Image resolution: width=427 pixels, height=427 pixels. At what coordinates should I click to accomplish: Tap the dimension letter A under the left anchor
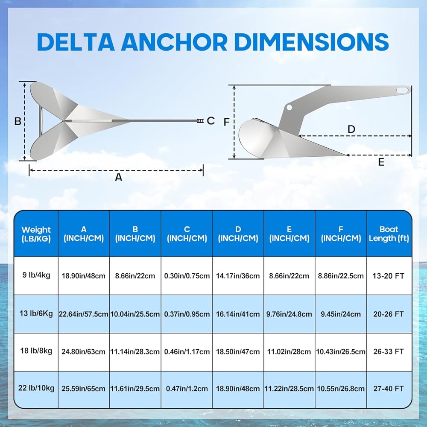[x=119, y=177]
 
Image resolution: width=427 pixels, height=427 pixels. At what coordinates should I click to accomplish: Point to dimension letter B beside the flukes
[x=18, y=121]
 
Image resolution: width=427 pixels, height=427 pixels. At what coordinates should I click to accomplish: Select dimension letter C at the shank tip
[x=211, y=121]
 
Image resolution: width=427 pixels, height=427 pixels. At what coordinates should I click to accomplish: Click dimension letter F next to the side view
[x=226, y=122]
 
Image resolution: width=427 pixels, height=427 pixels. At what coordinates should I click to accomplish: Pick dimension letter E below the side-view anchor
[x=381, y=162]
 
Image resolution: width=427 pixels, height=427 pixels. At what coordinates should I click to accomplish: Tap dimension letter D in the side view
[x=351, y=129]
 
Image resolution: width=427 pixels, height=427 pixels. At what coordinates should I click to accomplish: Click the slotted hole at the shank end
[x=401, y=90]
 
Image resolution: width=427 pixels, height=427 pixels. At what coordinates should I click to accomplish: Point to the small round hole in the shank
[x=290, y=107]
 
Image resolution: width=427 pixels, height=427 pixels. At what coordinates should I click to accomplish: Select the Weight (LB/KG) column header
[x=36, y=234]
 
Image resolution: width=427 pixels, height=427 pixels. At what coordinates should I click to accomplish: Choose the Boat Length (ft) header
[x=389, y=234]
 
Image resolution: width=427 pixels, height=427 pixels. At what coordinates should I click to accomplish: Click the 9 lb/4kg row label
[x=36, y=275]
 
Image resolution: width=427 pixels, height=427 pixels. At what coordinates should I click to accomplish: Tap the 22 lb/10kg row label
[x=36, y=388]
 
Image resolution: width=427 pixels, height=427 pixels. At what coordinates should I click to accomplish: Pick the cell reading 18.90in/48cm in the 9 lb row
[x=84, y=276]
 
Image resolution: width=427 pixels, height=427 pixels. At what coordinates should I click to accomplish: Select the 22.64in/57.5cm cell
[x=84, y=314]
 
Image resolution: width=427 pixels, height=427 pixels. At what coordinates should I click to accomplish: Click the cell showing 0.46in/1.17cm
[x=187, y=352]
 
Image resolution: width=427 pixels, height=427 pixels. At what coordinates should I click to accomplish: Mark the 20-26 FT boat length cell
[x=389, y=314]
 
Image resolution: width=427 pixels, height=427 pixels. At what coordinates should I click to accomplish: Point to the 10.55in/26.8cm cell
[x=341, y=389]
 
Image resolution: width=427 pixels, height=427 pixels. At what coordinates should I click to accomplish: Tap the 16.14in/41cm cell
[x=238, y=314]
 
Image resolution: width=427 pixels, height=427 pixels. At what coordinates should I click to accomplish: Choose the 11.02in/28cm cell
[x=290, y=352]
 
